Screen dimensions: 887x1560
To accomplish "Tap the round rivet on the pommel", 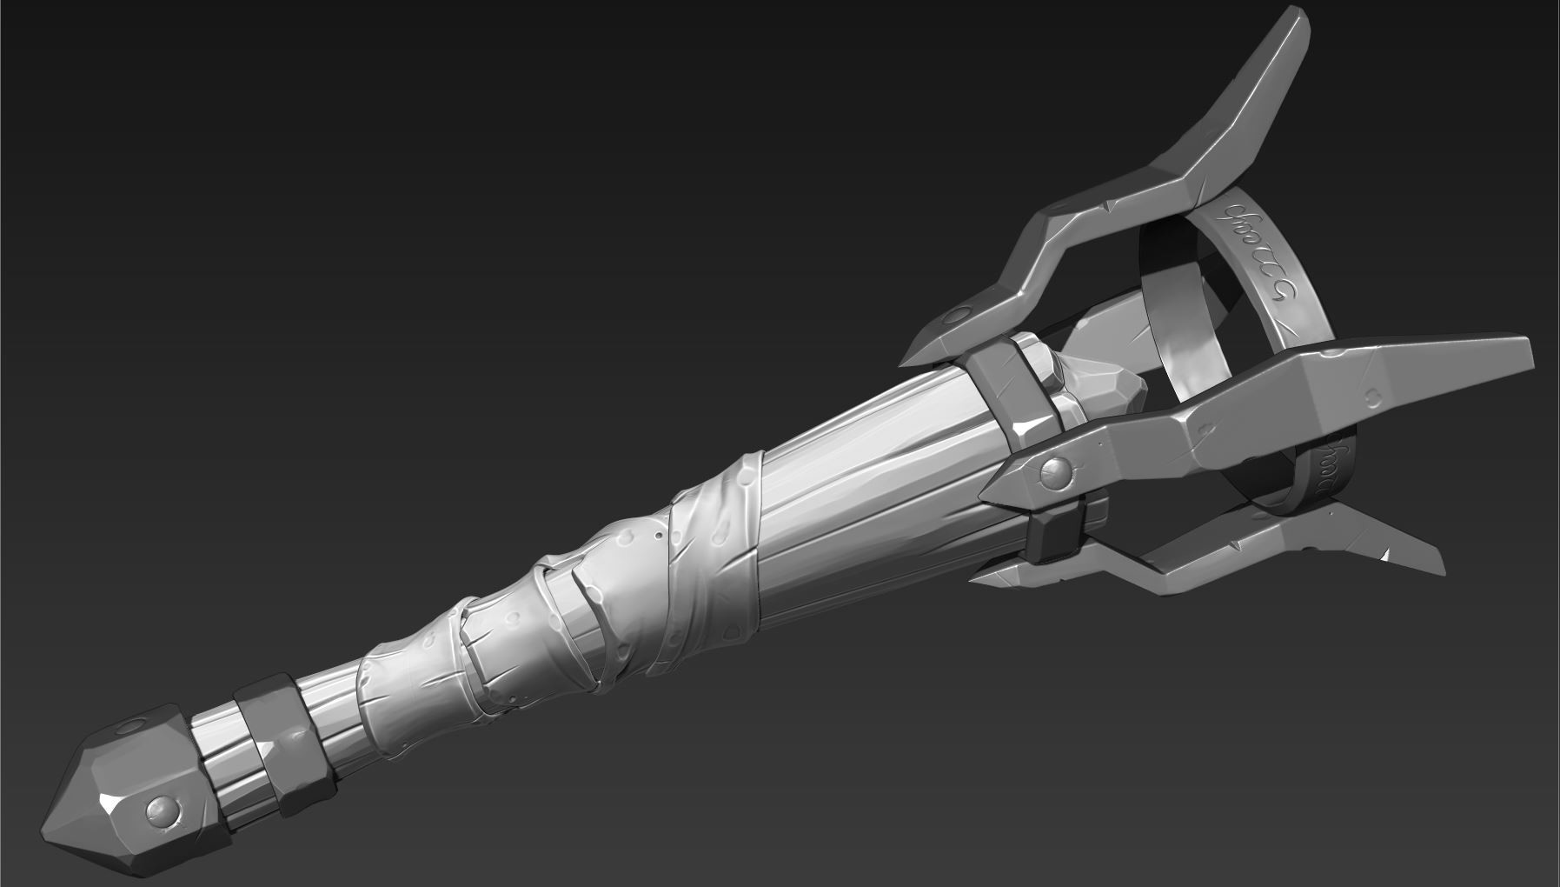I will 163,810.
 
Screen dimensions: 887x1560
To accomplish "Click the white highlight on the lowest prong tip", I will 1389,553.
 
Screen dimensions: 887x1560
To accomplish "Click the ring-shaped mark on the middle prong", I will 1373,397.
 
